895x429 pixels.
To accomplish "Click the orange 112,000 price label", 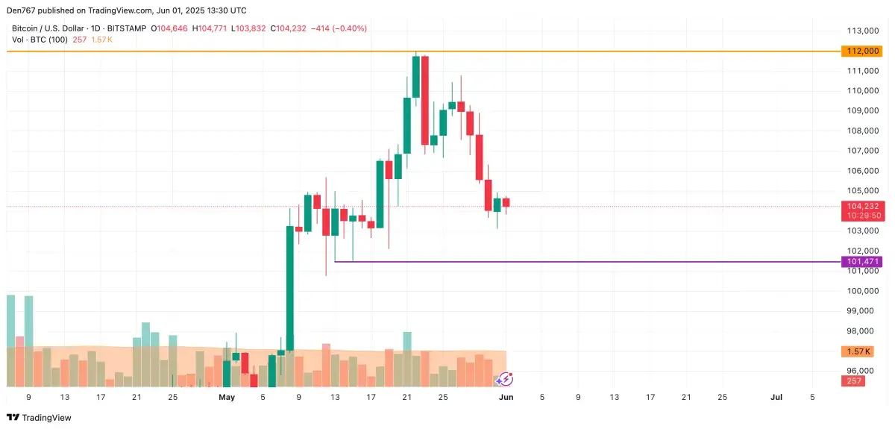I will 861,51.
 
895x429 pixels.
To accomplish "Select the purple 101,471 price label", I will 861,262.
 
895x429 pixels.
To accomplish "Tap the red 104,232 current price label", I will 861,206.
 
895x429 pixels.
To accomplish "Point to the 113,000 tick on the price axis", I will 861,31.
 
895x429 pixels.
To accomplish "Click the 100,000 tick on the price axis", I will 861,291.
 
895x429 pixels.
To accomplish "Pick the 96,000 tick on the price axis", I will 861,371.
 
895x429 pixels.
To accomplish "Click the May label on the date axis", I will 227,398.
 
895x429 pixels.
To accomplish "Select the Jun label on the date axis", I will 506,398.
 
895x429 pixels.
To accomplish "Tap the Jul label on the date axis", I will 776,398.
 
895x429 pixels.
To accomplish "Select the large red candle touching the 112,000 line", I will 425,100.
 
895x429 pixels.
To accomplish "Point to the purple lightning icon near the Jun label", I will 504,380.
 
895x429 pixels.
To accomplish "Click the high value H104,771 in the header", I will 210,28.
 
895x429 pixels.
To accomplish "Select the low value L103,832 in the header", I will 250,28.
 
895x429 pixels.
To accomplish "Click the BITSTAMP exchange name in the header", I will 127,28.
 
